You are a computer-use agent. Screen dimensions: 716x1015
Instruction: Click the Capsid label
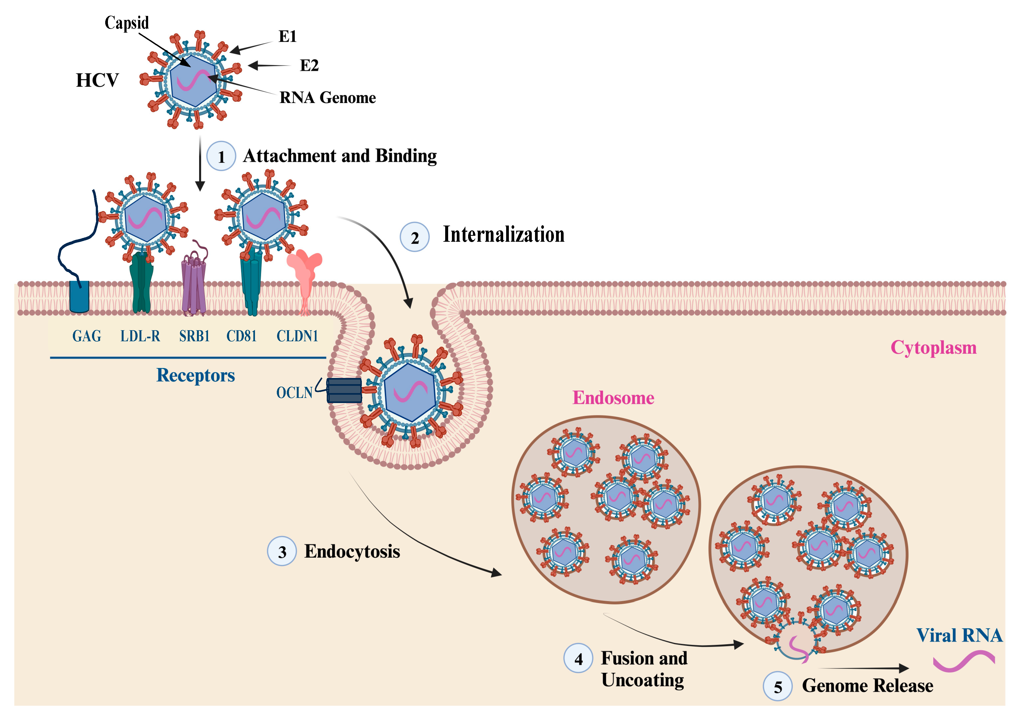(127, 23)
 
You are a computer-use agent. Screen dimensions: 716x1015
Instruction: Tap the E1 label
(287, 36)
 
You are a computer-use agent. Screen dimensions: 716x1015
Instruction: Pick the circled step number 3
(282, 552)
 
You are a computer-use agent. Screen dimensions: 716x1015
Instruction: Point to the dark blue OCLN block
(344, 391)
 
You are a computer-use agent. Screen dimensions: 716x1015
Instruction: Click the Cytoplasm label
(933, 347)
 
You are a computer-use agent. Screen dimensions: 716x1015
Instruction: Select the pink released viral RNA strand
(964, 661)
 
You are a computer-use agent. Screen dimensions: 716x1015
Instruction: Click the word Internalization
(503, 234)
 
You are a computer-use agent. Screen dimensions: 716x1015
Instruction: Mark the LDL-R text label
(140, 336)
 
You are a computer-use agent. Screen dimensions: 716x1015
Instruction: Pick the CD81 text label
(241, 336)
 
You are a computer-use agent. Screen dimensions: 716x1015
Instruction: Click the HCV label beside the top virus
(97, 80)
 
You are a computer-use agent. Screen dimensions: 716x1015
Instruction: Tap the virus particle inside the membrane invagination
(411, 392)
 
